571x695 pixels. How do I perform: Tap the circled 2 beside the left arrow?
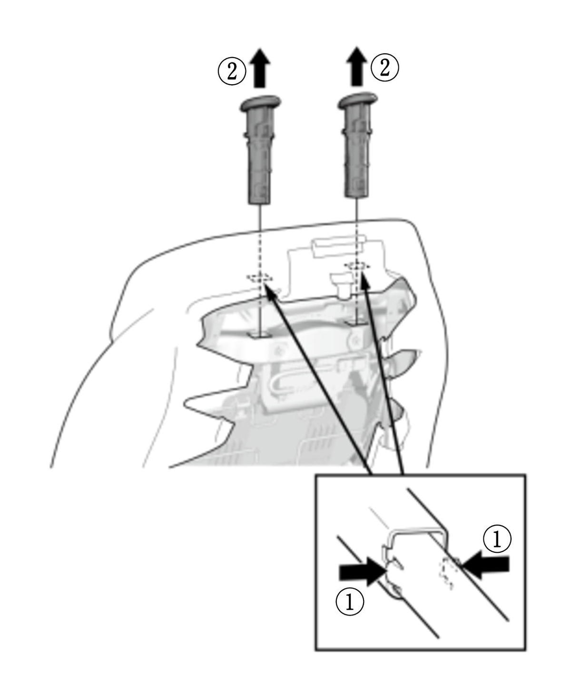tap(232, 71)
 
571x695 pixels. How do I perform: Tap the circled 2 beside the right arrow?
tap(385, 69)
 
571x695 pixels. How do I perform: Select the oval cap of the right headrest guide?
tap(357, 101)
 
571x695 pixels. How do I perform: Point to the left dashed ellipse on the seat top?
tap(260, 278)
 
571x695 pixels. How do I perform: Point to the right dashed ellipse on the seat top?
tap(357, 265)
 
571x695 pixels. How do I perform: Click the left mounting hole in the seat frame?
tap(260, 335)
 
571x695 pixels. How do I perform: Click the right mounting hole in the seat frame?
tap(354, 321)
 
